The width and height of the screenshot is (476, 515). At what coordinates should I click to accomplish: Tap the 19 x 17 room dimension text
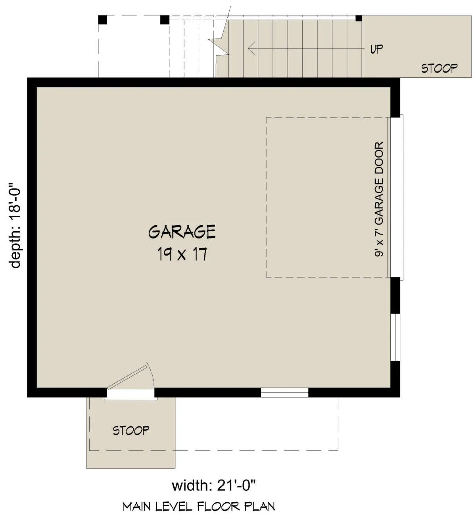[182, 254]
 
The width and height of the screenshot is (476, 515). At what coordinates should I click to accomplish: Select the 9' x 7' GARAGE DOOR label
[379, 199]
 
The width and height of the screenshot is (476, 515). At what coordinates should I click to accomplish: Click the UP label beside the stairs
[376, 49]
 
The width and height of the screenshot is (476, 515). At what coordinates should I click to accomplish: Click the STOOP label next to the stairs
[439, 69]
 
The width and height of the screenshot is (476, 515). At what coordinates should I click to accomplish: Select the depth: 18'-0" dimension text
[15, 225]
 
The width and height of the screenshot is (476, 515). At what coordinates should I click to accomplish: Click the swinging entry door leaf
[127, 377]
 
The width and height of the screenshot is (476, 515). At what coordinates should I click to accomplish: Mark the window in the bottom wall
[284, 392]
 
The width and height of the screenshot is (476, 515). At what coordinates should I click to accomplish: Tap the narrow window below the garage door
[395, 337]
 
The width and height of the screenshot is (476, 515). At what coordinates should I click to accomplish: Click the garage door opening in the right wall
[397, 197]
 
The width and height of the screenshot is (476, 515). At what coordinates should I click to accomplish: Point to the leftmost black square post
[103, 20]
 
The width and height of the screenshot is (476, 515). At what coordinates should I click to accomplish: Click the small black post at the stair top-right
[359, 18]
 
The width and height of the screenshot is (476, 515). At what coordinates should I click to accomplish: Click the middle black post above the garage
[165, 20]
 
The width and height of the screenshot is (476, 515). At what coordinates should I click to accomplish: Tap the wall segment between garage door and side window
[395, 295]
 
